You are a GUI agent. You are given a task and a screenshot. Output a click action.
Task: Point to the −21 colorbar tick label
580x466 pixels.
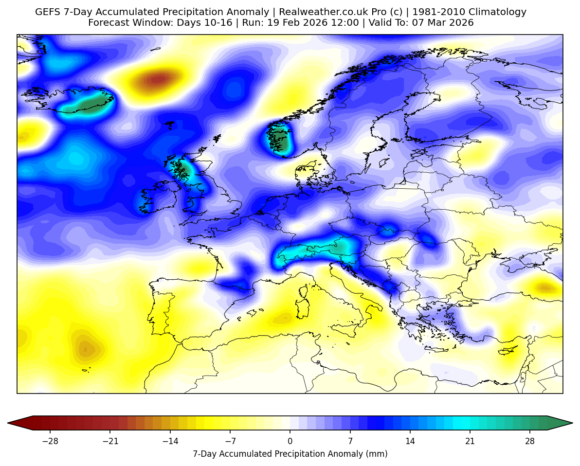(110, 441)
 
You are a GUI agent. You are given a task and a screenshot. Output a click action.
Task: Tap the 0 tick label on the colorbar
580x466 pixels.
(290, 441)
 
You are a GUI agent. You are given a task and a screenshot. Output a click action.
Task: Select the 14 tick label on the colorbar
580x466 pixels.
(410, 441)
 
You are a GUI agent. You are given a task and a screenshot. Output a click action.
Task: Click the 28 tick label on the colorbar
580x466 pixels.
(530, 441)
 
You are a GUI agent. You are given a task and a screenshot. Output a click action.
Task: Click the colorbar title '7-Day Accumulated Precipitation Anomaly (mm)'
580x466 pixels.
(290, 454)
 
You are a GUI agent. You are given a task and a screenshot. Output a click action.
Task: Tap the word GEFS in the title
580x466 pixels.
(47, 12)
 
